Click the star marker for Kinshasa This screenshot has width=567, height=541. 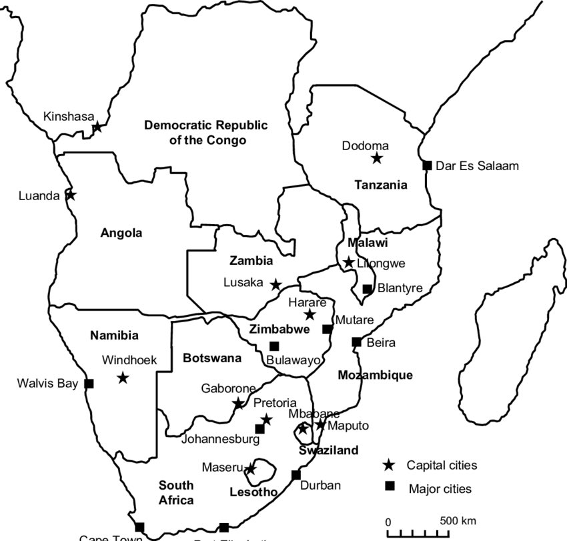(x=97, y=127)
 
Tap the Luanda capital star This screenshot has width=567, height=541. (x=71, y=195)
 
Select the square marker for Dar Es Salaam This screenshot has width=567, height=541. (x=427, y=165)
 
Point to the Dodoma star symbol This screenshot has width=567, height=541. (x=377, y=158)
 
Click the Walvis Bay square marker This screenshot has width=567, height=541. (x=89, y=384)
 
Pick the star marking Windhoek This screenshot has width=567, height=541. (x=123, y=378)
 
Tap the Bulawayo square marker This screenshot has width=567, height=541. (x=274, y=346)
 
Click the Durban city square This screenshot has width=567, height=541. (x=296, y=475)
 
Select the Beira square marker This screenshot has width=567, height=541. (x=356, y=342)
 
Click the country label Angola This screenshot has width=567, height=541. (x=121, y=233)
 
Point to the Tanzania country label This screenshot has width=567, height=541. (x=380, y=185)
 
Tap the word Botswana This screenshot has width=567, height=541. (x=211, y=358)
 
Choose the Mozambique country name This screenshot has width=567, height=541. (x=375, y=375)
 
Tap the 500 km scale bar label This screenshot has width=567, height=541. (x=458, y=520)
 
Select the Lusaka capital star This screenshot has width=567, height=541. (x=275, y=285)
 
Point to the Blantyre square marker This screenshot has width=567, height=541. (x=367, y=289)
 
